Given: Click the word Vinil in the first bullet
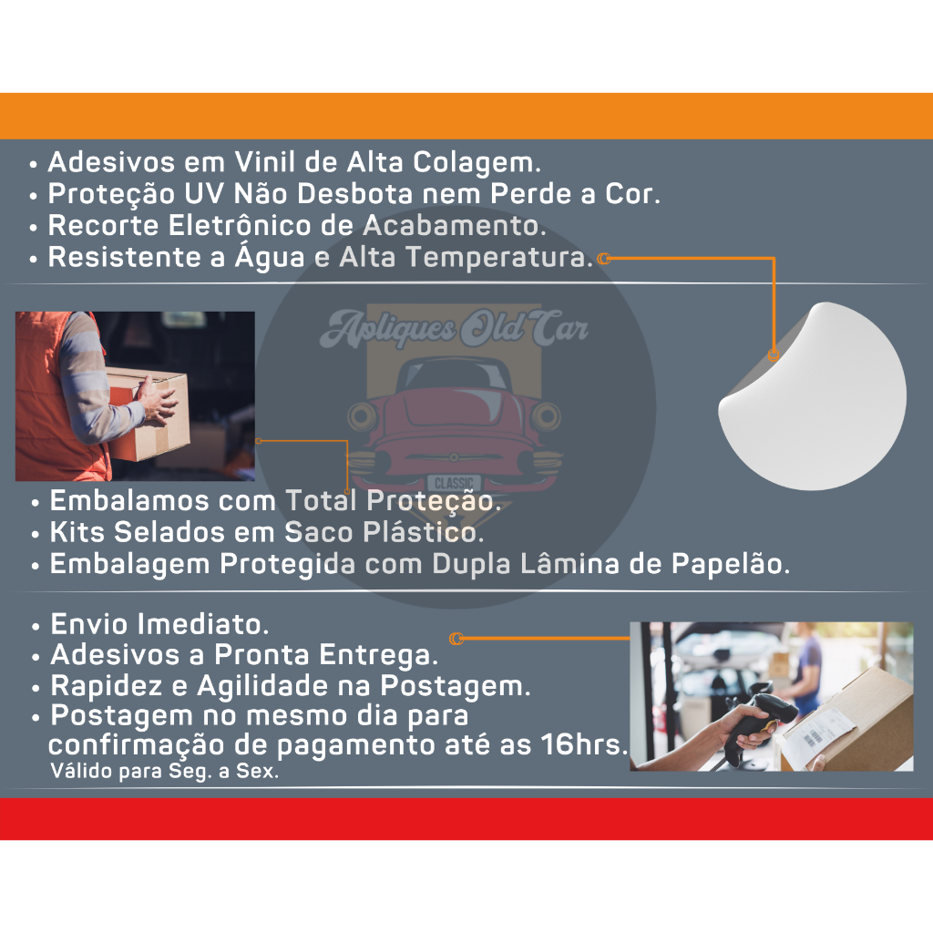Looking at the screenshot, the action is click(x=264, y=162).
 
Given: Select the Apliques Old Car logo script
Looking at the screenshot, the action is click(x=454, y=328).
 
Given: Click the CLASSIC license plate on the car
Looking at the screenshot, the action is click(x=454, y=483).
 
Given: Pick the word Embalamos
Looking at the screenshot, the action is click(x=129, y=500).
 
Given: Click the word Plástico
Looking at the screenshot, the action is click(x=424, y=532).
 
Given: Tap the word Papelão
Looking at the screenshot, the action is click(x=731, y=564).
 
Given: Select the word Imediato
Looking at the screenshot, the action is click(x=203, y=624).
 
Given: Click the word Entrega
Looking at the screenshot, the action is click(x=379, y=655).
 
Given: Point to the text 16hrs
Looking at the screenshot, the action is click(x=584, y=744).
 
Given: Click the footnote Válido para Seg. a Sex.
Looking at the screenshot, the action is click(x=165, y=771).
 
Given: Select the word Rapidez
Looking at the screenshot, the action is click(x=107, y=686).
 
